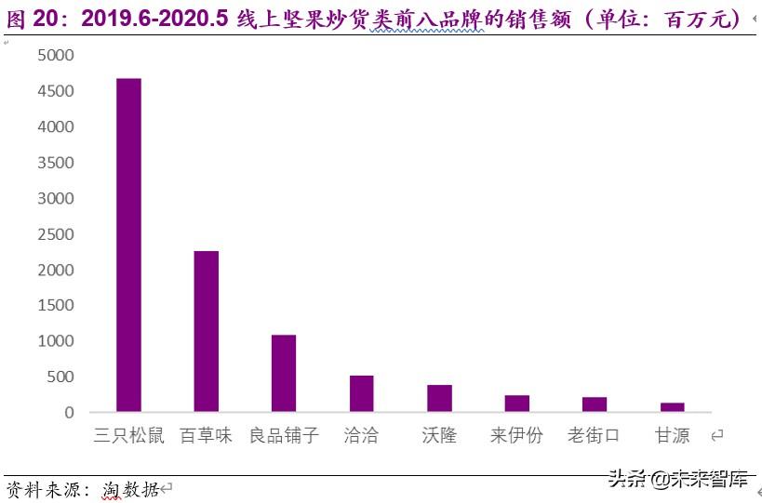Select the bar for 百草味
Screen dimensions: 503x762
click(207, 331)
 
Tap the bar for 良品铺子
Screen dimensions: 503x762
click(284, 373)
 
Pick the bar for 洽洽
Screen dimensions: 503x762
click(361, 393)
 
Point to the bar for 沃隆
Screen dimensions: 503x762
click(439, 398)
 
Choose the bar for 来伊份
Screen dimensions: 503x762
click(517, 404)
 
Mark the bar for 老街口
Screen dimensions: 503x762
click(595, 404)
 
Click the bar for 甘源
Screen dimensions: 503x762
click(672, 407)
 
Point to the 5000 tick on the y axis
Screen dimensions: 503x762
click(56, 56)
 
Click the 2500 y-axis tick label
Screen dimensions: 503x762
click(56, 234)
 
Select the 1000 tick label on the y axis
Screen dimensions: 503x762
click(56, 341)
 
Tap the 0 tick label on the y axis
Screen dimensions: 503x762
click(68, 413)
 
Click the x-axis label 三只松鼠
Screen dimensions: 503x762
click(128, 435)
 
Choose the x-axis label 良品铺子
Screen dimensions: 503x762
click(284, 435)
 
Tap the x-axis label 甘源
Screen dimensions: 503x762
click(672, 435)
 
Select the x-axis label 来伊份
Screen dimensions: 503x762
click(517, 435)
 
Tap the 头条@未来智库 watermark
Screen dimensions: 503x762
click(678, 480)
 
